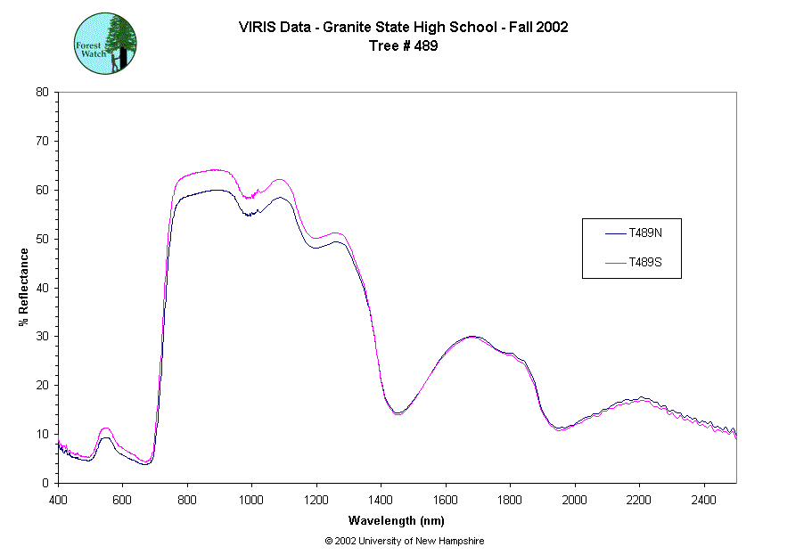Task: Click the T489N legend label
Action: pos(644,234)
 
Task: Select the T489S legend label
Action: pos(644,263)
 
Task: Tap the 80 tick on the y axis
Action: pos(42,92)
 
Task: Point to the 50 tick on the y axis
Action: pos(42,239)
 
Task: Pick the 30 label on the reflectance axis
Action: pos(42,337)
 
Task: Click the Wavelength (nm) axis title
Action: pos(397,521)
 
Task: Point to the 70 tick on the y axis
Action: pos(42,141)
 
